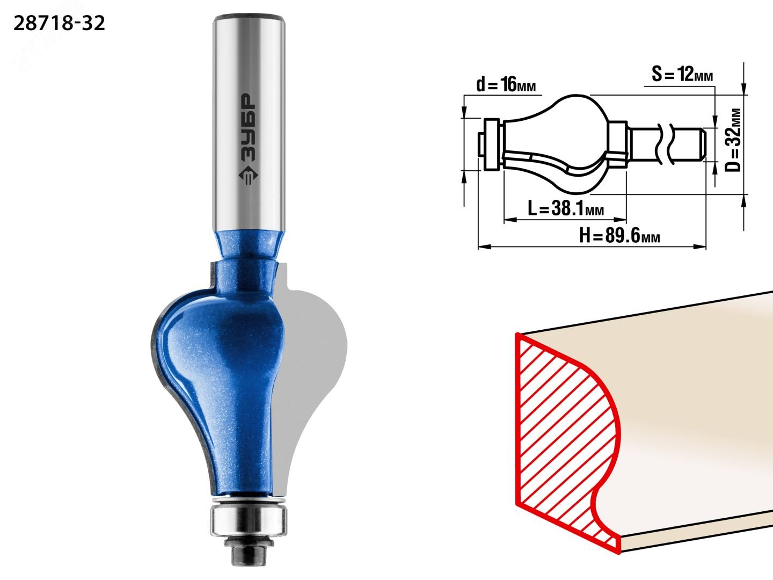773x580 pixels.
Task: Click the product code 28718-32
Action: point(59,24)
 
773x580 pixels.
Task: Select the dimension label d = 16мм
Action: point(506,85)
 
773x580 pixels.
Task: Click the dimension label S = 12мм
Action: point(682,74)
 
